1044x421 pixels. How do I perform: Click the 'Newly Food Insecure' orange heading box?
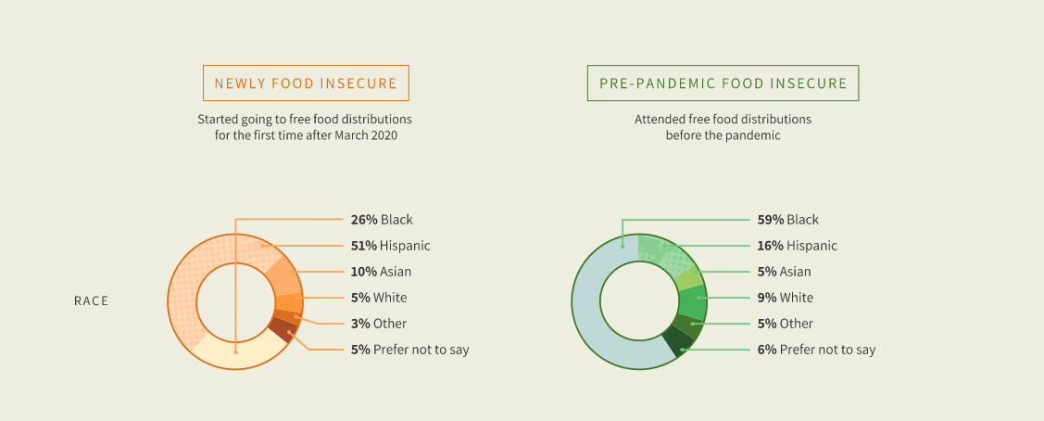[x=306, y=83]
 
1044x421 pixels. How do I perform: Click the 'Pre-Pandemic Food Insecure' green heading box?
[x=723, y=83]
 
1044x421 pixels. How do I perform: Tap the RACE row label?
[x=91, y=301]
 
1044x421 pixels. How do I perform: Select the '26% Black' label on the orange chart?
[x=382, y=220]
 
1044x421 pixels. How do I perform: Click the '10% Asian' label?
[x=381, y=272]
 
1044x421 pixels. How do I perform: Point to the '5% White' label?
[x=378, y=298]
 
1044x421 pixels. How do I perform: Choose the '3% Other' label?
[x=378, y=324]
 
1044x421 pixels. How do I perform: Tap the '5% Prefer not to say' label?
[x=409, y=350]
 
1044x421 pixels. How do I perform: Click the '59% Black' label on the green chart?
[x=787, y=220]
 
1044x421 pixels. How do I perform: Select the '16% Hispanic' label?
[x=797, y=246]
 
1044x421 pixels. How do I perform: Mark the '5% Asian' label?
[x=785, y=272]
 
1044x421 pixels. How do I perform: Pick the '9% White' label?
[x=785, y=298]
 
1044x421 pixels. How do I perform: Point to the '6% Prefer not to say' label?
[x=816, y=350]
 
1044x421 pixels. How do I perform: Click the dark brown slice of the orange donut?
[x=283, y=330]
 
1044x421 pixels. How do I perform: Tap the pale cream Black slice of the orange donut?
[x=237, y=351]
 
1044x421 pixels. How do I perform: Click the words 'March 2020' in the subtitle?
[x=374, y=136]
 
